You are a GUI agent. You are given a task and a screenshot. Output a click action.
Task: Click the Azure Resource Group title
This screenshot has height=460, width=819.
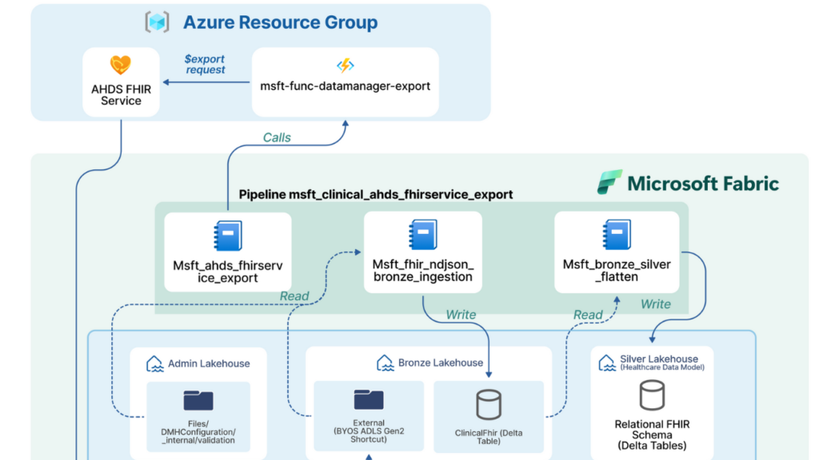(280, 22)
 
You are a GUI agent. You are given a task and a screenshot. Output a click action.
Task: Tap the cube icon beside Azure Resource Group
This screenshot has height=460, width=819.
(157, 22)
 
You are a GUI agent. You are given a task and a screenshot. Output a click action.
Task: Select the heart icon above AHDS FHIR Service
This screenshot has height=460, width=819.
(121, 65)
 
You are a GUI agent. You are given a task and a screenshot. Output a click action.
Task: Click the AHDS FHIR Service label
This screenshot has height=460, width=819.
(121, 94)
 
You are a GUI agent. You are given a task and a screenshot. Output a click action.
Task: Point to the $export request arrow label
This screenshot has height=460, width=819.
(205, 64)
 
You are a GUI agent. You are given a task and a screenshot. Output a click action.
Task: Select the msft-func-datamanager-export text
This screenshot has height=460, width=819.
(346, 85)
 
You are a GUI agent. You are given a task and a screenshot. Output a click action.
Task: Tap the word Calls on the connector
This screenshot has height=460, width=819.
(277, 137)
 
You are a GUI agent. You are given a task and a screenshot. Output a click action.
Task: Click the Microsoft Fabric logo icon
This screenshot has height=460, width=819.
(609, 182)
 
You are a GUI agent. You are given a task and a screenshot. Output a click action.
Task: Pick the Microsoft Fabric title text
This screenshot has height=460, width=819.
(703, 183)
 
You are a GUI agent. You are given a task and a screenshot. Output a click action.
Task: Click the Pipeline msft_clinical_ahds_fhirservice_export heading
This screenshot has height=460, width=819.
(376, 194)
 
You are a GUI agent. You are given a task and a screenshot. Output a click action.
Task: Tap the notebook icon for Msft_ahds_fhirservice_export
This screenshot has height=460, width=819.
(227, 236)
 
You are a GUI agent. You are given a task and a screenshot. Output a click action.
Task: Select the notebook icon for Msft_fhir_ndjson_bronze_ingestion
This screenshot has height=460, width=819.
(422, 236)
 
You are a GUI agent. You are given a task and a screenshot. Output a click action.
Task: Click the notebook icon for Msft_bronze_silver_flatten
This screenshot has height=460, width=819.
(617, 236)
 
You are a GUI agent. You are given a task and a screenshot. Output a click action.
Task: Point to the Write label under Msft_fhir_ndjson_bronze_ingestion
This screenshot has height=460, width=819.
(461, 315)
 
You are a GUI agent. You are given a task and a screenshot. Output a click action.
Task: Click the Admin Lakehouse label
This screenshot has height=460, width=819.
(208, 363)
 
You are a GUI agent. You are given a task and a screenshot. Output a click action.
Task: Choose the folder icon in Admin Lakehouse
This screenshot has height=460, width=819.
(198, 400)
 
